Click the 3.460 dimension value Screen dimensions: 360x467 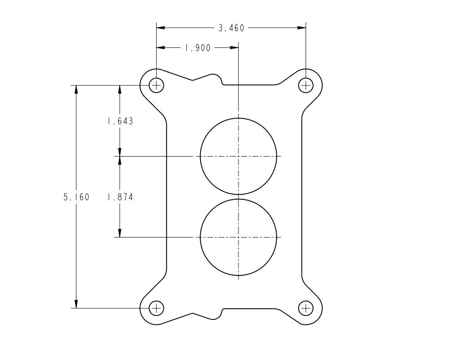tap(231, 28)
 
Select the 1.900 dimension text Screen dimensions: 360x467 tap(198, 48)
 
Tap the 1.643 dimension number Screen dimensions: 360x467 tap(120, 121)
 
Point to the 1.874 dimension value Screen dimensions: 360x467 tap(120, 197)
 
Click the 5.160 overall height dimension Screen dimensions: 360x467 tap(76, 197)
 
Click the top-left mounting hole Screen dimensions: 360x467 tap(156, 85)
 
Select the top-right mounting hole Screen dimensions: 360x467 tap(306, 85)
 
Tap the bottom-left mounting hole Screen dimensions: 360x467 tap(156, 308)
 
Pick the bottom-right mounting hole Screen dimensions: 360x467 tap(306, 308)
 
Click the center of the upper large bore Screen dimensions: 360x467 tap(238, 156)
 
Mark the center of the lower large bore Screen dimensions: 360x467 tap(238, 237)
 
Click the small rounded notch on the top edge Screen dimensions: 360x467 tap(220, 81)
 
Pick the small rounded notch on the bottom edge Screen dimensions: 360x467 tap(220, 313)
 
